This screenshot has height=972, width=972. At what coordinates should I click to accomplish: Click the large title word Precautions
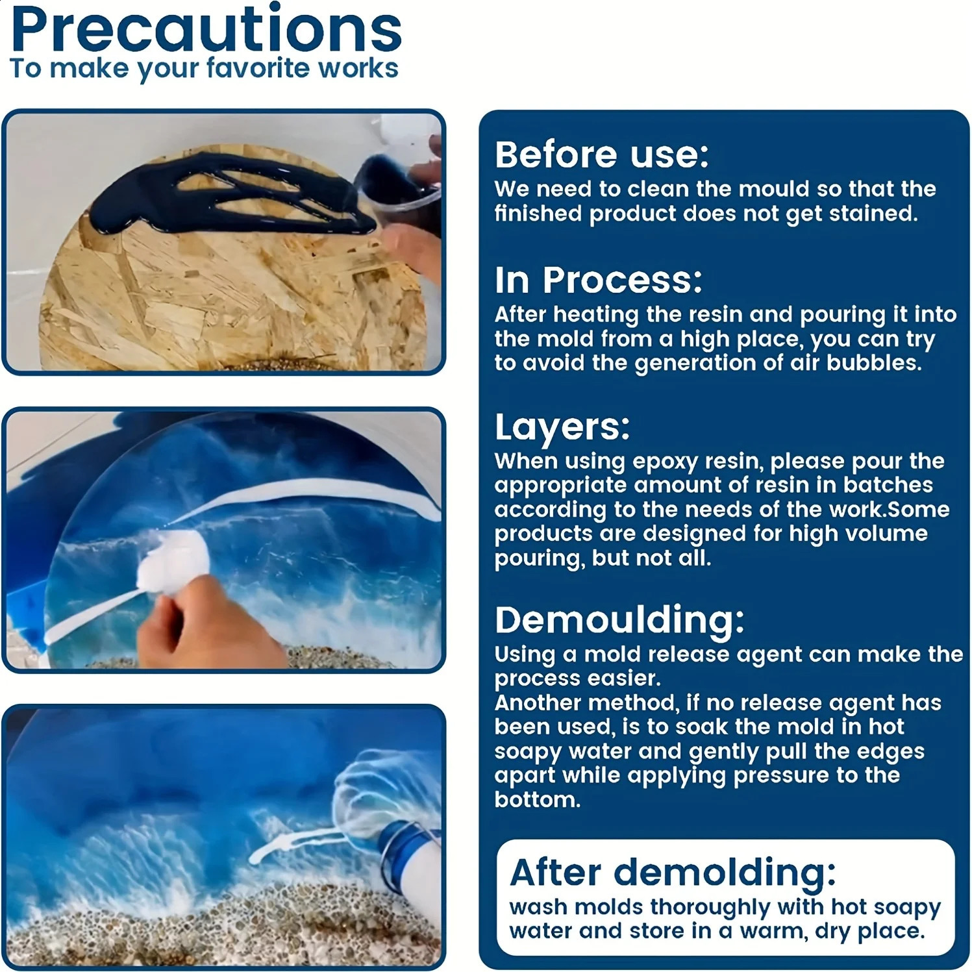pyautogui.click(x=206, y=30)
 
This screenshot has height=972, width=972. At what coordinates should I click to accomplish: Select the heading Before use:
pyautogui.click(x=601, y=155)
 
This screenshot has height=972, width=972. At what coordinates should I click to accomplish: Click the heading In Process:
pyautogui.click(x=598, y=280)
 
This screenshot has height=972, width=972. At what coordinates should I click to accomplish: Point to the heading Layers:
pyautogui.click(x=562, y=427)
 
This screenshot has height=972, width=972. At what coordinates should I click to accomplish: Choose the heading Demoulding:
pyautogui.click(x=619, y=619)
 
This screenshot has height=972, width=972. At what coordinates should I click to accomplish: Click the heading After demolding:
pyautogui.click(x=673, y=872)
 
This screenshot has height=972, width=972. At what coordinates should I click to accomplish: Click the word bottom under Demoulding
pyautogui.click(x=538, y=799)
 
